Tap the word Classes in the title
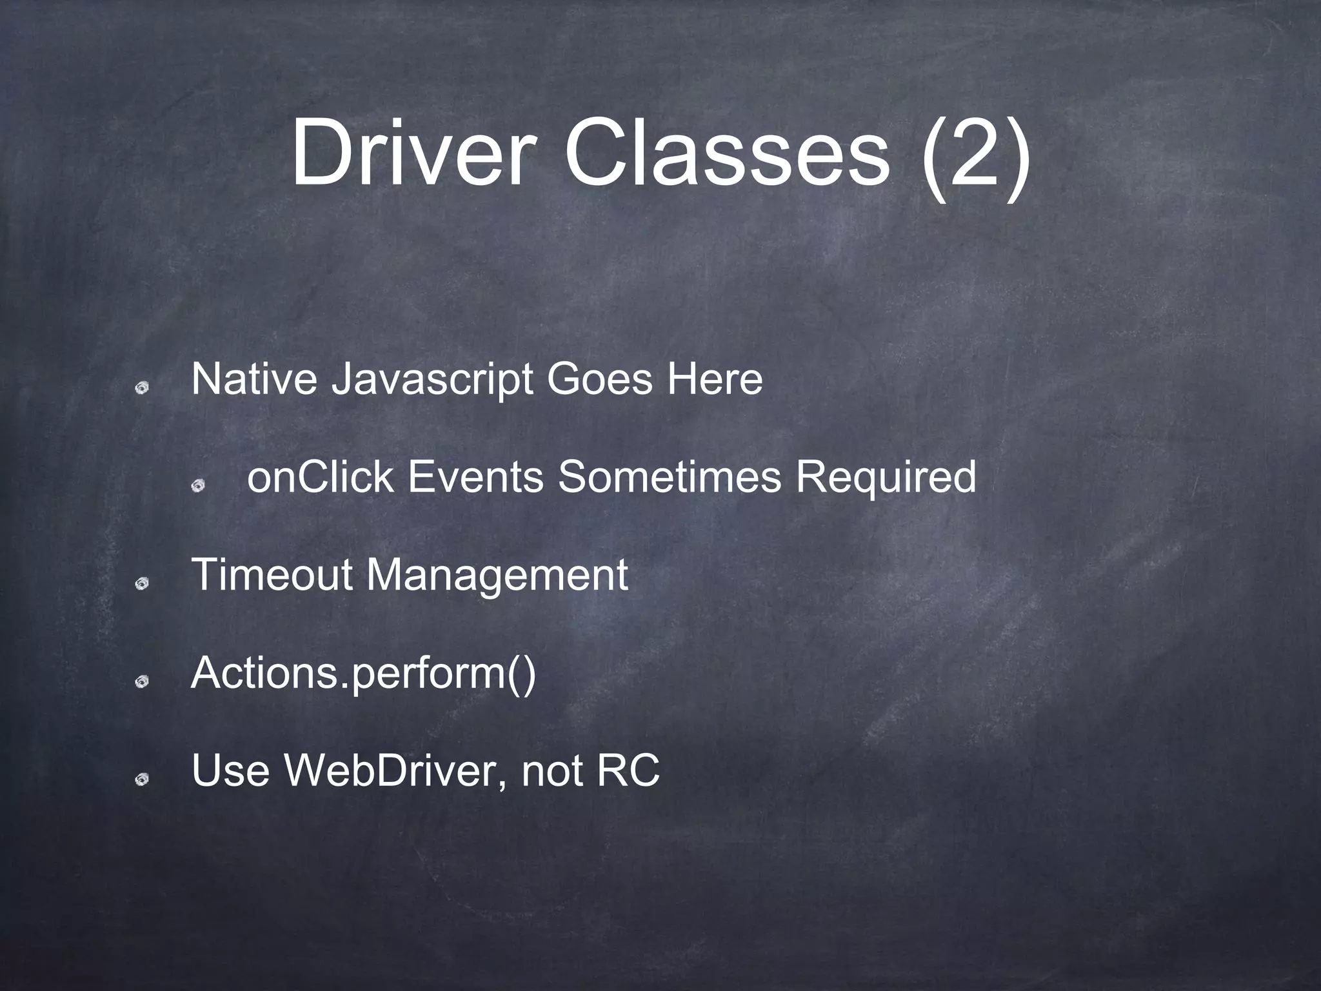coord(726,155)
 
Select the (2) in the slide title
coord(974,158)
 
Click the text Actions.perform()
coord(363,674)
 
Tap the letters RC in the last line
coord(628,770)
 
